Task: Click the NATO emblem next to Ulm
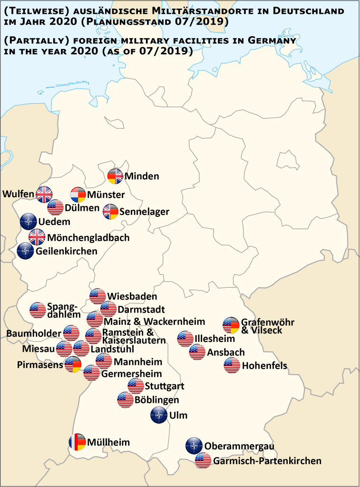coord(158,415)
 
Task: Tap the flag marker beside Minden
coord(115,176)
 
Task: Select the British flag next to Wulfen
coord(45,194)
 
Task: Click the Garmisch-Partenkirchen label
coord(267,461)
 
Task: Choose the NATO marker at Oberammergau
coord(194,446)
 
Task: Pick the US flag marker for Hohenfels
coord(232,366)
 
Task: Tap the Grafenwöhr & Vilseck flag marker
coord(232,326)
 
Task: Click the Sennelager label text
coord(145,212)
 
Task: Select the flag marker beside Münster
coord(78,195)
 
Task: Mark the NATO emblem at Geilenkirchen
coord(25,251)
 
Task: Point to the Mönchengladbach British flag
coord(37,237)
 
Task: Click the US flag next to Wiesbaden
coord(97,296)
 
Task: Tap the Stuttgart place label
coord(165,386)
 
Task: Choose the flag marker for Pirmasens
coord(73,365)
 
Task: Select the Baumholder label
coord(34,333)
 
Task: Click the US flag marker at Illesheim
coord(185,339)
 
